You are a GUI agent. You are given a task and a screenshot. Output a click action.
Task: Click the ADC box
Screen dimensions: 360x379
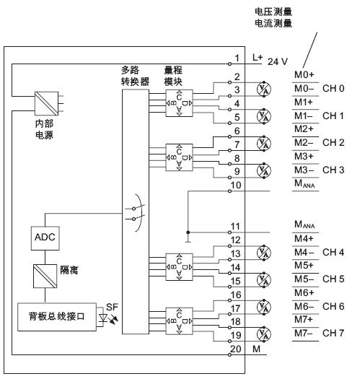click(x=45, y=238)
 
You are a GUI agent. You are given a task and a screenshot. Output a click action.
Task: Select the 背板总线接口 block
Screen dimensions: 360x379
click(x=57, y=317)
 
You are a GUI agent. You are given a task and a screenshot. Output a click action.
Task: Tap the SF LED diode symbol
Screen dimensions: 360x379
click(x=103, y=318)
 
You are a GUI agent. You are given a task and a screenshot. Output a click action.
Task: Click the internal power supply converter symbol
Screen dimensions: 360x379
click(x=46, y=103)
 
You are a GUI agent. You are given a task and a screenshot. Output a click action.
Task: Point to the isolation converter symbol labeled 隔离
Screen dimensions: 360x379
click(x=45, y=276)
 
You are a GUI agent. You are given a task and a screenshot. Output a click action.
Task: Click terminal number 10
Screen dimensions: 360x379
click(x=236, y=186)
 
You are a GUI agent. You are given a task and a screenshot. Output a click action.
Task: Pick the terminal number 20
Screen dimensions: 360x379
click(x=236, y=349)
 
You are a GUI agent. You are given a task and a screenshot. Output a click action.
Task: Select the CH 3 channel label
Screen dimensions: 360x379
click(x=333, y=170)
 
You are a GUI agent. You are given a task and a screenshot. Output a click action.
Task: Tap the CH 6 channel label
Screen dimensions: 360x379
click(x=333, y=306)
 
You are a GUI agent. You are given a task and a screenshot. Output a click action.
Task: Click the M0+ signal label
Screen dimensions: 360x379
click(x=304, y=74)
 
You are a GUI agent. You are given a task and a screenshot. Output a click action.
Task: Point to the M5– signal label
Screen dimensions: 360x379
click(x=304, y=279)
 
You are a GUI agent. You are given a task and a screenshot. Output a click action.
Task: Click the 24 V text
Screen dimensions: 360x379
click(x=278, y=61)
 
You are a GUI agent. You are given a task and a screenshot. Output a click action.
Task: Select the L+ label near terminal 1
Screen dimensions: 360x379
click(x=258, y=58)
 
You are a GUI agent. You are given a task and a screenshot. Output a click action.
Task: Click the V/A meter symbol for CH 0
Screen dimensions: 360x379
click(x=264, y=90)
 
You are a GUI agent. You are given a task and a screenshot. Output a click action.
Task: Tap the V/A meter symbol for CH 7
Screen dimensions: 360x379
click(x=264, y=334)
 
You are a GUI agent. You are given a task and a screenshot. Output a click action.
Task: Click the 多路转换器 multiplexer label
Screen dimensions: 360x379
click(x=135, y=76)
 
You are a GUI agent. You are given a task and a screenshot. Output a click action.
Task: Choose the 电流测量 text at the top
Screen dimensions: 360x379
click(x=273, y=23)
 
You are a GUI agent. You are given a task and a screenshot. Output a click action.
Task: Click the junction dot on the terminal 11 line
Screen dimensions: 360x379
click(x=188, y=232)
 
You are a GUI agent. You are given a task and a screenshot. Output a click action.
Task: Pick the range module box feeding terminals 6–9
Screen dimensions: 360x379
click(x=179, y=157)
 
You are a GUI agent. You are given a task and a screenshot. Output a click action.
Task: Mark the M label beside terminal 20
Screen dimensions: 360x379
click(x=256, y=349)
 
